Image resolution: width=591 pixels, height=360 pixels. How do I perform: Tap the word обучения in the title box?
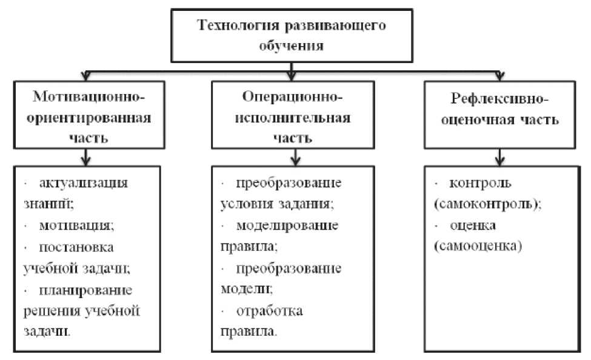290,45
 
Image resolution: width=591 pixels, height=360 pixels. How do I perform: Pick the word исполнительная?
293,117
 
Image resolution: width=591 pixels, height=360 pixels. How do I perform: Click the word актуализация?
85,182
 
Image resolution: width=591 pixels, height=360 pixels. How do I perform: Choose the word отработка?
270,312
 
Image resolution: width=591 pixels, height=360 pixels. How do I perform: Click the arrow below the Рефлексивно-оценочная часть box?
498,159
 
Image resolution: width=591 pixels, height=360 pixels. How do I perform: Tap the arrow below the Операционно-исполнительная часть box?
293,159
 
